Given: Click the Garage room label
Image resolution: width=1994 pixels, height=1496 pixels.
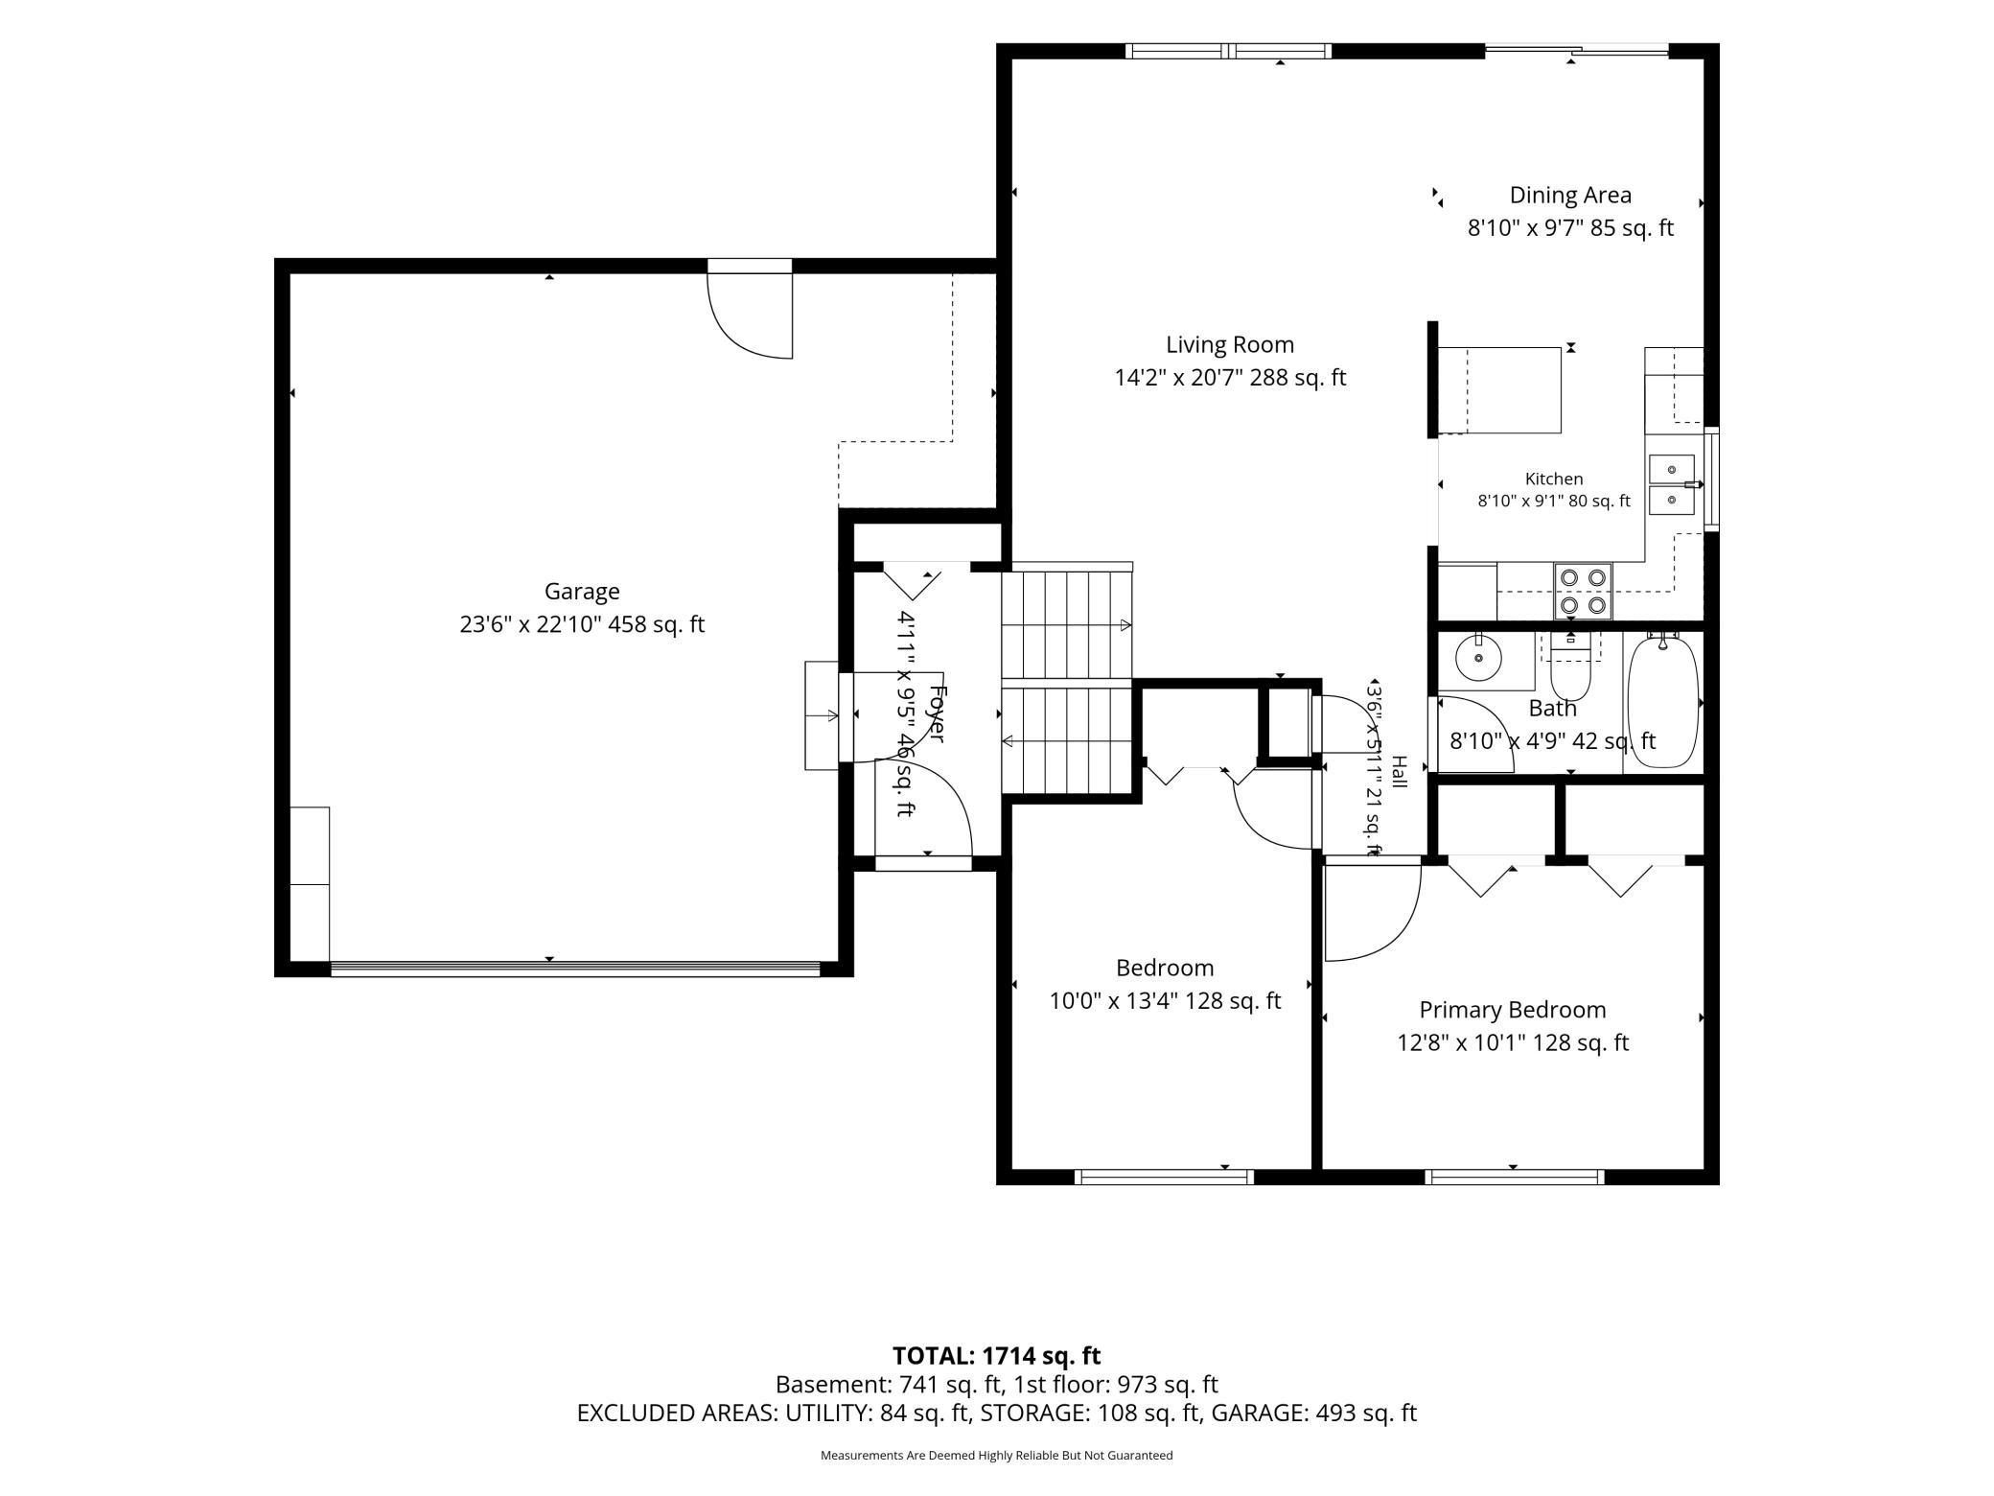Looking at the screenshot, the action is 582,592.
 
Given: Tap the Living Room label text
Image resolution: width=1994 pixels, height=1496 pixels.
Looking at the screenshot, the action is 1230,344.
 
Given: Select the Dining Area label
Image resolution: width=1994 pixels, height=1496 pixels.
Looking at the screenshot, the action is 1570,196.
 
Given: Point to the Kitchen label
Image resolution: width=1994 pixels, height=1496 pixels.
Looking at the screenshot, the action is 1554,479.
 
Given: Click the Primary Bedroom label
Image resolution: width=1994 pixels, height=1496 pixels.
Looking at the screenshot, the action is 1513,1010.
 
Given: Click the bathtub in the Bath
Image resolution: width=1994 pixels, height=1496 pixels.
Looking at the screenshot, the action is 1663,702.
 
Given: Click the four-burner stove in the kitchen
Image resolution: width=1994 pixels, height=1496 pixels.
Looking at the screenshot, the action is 1583,591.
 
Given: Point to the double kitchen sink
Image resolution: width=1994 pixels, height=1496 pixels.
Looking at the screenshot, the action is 1673,484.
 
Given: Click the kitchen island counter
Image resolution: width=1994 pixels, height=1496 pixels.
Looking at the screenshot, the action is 1500,390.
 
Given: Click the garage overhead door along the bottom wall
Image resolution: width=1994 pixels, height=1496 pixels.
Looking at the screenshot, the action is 575,969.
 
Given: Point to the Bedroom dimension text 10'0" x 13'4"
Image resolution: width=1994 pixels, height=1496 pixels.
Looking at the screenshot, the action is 1165,1001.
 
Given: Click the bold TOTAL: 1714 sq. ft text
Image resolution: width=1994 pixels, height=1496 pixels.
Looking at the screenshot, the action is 997,1356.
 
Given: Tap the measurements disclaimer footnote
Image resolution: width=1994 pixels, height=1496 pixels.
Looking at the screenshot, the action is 997,1456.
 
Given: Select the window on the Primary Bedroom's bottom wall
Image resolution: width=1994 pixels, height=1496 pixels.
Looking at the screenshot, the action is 1515,1177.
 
